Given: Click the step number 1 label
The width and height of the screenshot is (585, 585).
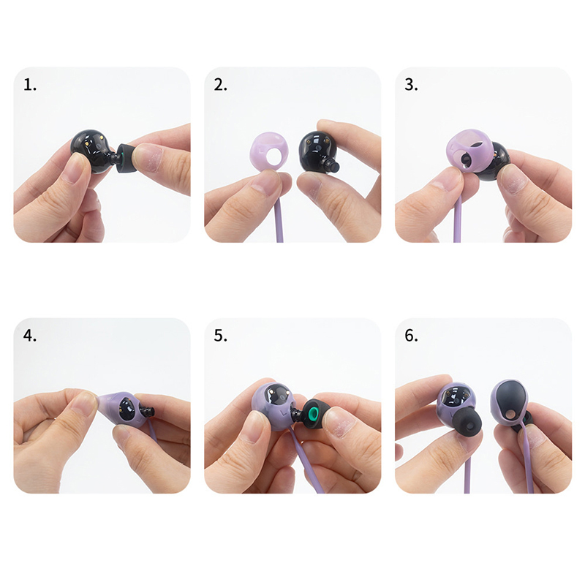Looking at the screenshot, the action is pyautogui.click(x=30, y=85).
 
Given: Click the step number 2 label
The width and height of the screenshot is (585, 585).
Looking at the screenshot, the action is pyautogui.click(x=221, y=85).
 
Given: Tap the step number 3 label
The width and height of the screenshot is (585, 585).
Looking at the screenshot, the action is pyautogui.click(x=411, y=85).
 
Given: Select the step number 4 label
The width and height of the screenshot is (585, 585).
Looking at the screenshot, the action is pyautogui.click(x=30, y=336).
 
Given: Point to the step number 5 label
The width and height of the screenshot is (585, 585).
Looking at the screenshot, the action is pyautogui.click(x=221, y=336).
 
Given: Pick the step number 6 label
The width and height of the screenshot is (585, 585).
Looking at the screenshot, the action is pyautogui.click(x=411, y=336).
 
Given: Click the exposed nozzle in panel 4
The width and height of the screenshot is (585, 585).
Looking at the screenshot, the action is pyautogui.click(x=148, y=413).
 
